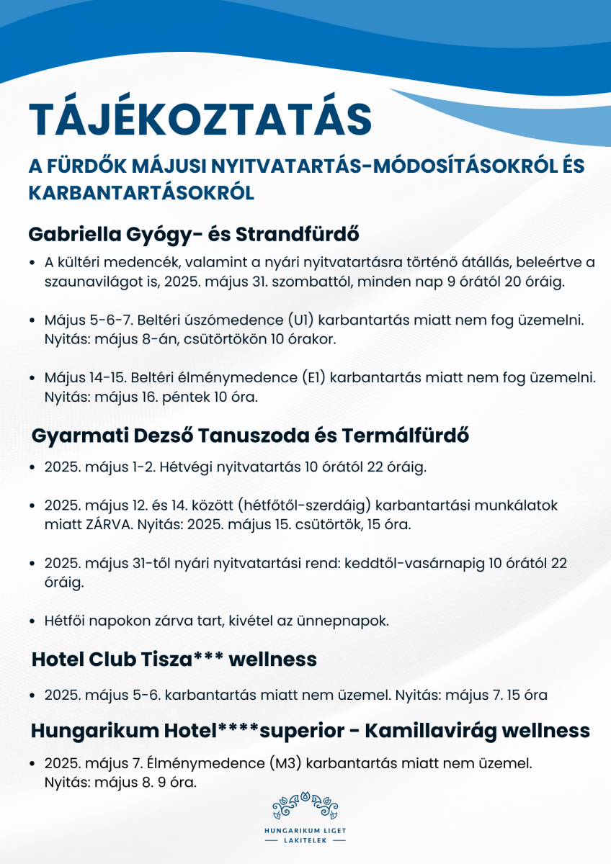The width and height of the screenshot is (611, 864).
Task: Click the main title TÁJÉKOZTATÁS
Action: point(200,119)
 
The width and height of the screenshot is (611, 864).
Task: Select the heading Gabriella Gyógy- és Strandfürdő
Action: point(193,235)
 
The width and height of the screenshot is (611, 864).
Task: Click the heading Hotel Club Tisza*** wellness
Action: point(174,659)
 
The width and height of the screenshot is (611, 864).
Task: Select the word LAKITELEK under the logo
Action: point(305,840)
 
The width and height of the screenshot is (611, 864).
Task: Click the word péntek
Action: point(177,396)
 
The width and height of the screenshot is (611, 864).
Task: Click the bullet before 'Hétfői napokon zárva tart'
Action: point(34,621)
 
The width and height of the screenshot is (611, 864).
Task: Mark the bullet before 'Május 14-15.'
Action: point(34,377)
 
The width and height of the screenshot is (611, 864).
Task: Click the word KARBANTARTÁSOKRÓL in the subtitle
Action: point(141,193)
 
